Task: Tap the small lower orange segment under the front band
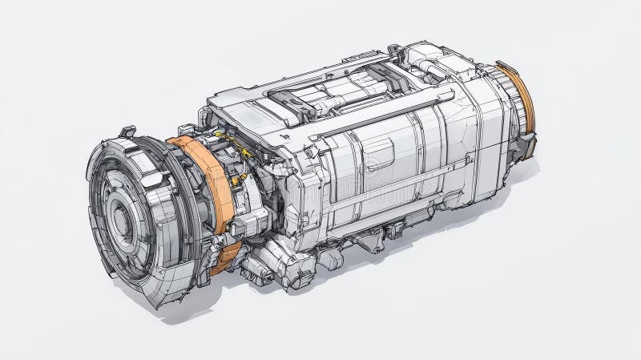[x=227, y=254]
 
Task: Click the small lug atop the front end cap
[x=127, y=131]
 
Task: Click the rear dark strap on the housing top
[x=383, y=78]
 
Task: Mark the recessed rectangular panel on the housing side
[x=380, y=153]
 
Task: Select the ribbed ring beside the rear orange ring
[x=502, y=104]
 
